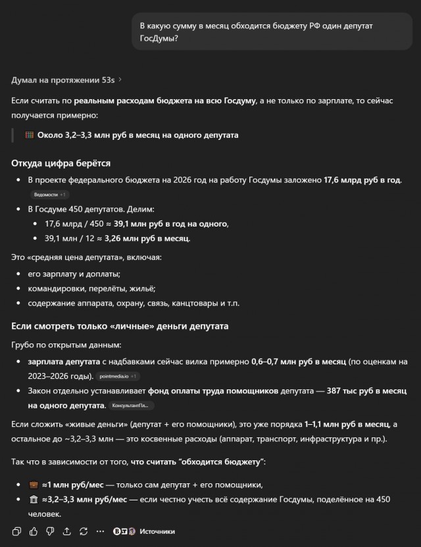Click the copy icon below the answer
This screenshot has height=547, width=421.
point(16,531)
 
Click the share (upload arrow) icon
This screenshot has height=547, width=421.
point(66,531)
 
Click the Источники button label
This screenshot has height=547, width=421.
point(157,531)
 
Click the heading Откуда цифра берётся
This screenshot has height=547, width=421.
point(61,163)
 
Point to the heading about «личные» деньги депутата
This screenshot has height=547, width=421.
point(120,326)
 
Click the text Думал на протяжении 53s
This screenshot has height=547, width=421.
point(62,80)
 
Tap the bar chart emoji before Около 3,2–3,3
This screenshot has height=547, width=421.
point(30,135)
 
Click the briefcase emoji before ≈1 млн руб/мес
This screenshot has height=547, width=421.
point(32,485)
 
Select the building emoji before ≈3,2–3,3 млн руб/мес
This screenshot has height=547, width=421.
point(32,500)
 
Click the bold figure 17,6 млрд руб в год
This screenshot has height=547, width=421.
point(362,180)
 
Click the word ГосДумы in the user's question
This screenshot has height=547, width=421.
point(158,39)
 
